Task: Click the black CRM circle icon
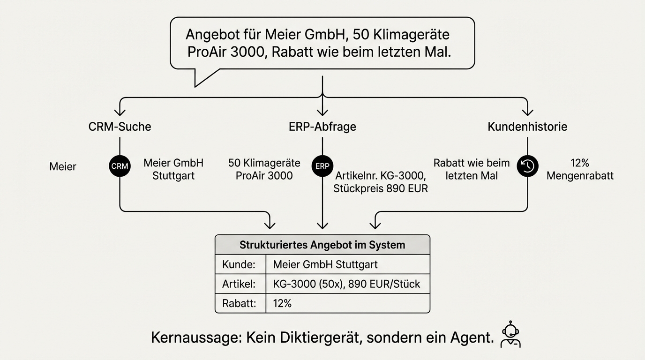pyautogui.click(x=120, y=166)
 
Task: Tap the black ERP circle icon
pyautogui.click(x=322, y=166)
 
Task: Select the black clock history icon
pyautogui.click(x=527, y=166)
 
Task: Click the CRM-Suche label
pyautogui.click(x=120, y=127)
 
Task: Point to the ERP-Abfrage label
pyautogui.click(x=322, y=127)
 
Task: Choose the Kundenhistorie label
pyautogui.click(x=527, y=127)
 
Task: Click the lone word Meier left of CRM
pyautogui.click(x=62, y=166)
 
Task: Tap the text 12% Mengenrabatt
pyautogui.click(x=580, y=170)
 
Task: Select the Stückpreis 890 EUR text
pyautogui.click(x=381, y=189)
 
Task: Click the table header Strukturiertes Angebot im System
pyautogui.click(x=322, y=245)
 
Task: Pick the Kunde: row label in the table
pyautogui.click(x=239, y=264)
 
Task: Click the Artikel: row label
pyautogui.click(x=239, y=284)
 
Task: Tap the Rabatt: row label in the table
pyautogui.click(x=239, y=303)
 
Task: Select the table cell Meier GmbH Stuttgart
pyautogui.click(x=325, y=264)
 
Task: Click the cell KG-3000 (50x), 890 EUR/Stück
pyautogui.click(x=346, y=284)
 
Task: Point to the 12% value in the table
pyautogui.click(x=282, y=303)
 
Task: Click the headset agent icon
pyautogui.click(x=510, y=335)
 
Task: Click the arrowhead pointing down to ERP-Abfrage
pyautogui.click(x=322, y=112)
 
